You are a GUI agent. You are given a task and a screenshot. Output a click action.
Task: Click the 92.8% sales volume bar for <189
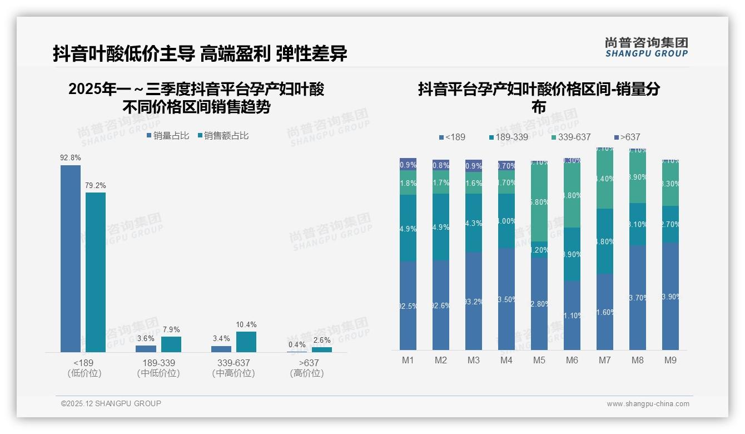click(x=71, y=258)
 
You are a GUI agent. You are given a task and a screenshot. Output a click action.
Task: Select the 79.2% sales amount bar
click(x=96, y=272)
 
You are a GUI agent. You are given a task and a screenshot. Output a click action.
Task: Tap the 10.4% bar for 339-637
click(x=246, y=342)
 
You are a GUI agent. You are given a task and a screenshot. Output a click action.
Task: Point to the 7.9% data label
click(x=171, y=330)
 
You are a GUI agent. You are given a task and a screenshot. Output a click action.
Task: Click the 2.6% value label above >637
click(x=322, y=341)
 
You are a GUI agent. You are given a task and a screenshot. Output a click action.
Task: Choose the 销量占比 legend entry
click(x=168, y=136)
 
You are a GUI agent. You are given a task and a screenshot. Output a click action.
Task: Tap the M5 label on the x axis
click(x=539, y=361)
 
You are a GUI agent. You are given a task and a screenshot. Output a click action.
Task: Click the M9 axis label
click(x=670, y=361)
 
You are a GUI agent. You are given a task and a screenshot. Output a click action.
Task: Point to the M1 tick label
click(x=408, y=361)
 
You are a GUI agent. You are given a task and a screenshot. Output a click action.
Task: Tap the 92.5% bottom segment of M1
click(x=408, y=305)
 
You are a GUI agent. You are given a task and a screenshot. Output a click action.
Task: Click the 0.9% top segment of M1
click(x=408, y=164)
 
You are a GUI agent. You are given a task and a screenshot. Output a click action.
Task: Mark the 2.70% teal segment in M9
click(x=670, y=224)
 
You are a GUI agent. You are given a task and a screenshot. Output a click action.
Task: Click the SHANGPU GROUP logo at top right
click(x=646, y=47)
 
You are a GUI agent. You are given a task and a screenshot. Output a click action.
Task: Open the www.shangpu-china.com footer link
click(x=648, y=404)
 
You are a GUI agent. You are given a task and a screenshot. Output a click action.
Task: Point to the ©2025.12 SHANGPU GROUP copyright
click(x=111, y=403)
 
